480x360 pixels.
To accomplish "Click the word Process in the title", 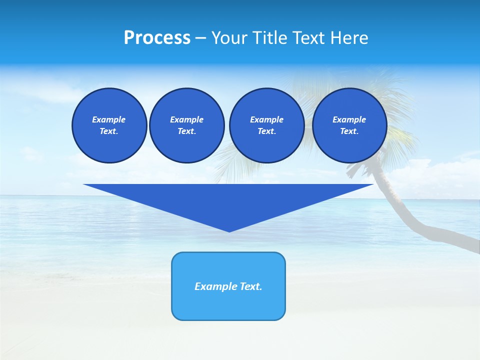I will point(157,38).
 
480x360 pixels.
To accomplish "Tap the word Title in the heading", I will point(269,38).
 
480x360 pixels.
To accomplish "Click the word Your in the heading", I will point(229,38).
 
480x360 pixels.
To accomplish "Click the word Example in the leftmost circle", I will point(109,119).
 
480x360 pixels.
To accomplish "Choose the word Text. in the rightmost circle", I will point(349,131).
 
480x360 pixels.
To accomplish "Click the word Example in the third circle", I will point(266,119).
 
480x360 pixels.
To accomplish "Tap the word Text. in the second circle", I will point(186,131).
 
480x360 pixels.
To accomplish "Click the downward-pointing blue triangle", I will point(228,200).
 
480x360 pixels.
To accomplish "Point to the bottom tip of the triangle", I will point(229,230).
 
